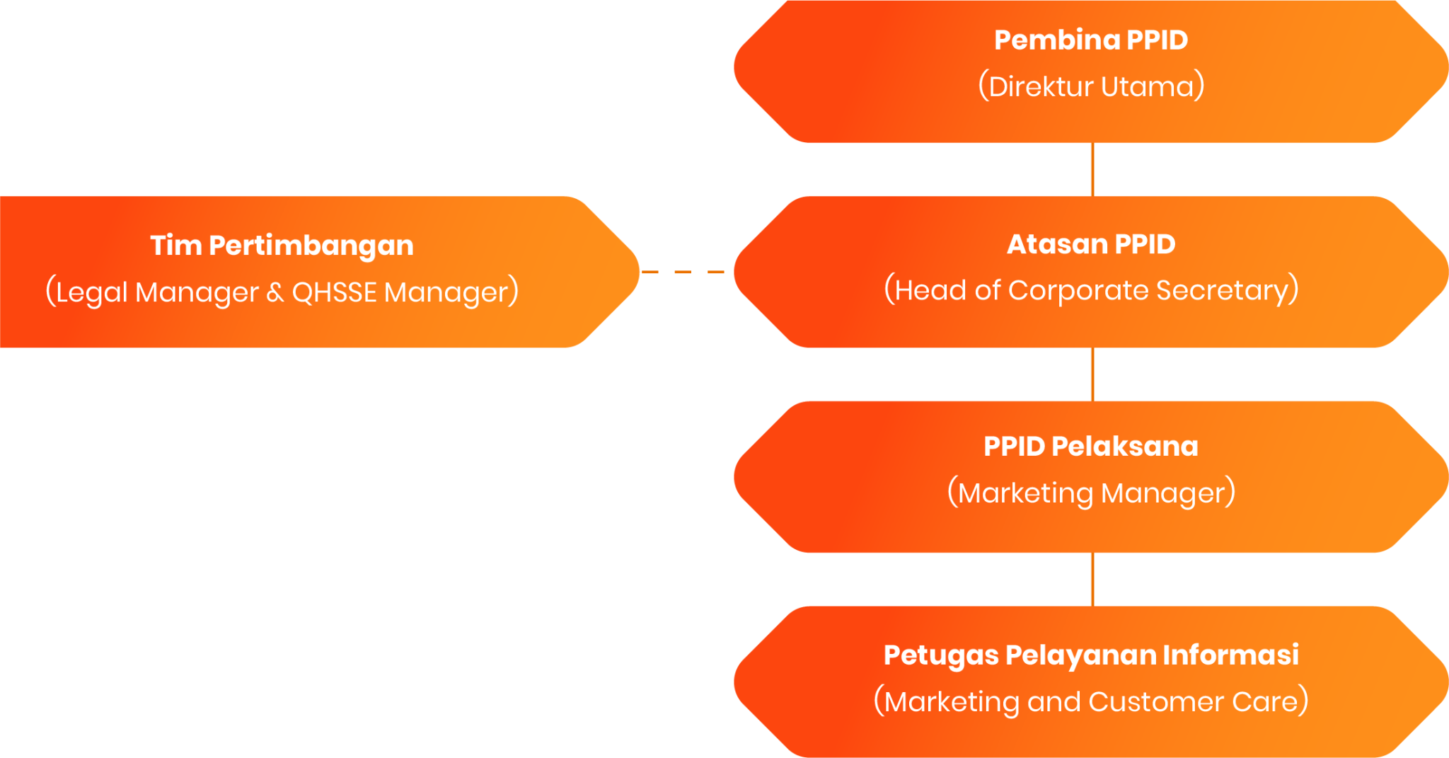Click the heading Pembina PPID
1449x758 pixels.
point(1090,40)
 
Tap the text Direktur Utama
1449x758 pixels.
point(1090,86)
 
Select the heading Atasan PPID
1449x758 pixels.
point(1090,244)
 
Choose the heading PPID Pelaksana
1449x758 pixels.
point(1090,447)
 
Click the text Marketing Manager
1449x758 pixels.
point(1090,493)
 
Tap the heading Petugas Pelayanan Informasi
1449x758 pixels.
point(1090,655)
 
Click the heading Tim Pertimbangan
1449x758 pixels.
point(282,246)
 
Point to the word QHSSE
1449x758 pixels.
point(334,292)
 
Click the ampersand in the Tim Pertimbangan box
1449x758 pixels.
point(275,292)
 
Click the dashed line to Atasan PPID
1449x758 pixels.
point(683,272)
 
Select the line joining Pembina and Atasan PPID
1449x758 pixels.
point(1092,170)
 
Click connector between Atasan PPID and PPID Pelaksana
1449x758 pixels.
point(1092,374)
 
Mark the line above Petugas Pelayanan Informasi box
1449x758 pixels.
point(1092,580)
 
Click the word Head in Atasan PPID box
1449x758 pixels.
point(930,291)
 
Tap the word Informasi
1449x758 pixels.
point(1230,655)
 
